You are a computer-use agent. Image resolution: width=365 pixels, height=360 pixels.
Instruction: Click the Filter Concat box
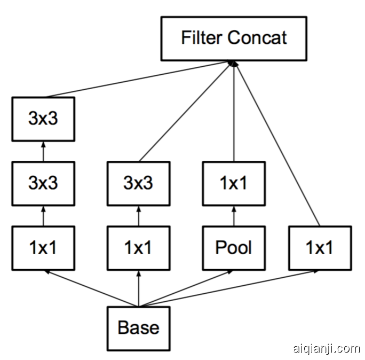(234, 38)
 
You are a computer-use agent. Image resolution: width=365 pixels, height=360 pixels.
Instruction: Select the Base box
(138, 327)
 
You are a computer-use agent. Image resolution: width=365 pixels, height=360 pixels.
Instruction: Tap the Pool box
(233, 248)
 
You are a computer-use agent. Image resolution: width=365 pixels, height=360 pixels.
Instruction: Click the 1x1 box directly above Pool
(233, 184)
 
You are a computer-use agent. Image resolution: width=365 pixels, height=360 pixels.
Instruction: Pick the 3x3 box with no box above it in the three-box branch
(43, 119)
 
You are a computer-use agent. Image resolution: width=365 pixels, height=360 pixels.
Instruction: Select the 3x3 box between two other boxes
(43, 184)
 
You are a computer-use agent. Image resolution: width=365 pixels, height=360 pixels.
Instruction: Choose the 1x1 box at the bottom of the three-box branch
(43, 248)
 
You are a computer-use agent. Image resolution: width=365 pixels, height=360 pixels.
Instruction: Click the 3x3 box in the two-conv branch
(138, 184)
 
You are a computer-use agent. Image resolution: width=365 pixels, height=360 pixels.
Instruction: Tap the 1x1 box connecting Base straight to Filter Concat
(319, 248)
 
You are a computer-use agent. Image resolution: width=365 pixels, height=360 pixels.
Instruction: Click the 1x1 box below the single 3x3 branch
(138, 248)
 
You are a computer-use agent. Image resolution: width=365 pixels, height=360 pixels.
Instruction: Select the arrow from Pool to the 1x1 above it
(233, 216)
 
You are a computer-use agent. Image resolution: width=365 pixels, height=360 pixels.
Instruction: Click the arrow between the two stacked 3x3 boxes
(43, 151)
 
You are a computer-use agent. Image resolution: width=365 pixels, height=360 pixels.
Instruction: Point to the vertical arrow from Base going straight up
(138, 288)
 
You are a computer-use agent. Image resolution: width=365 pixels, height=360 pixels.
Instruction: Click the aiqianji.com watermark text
(327, 349)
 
